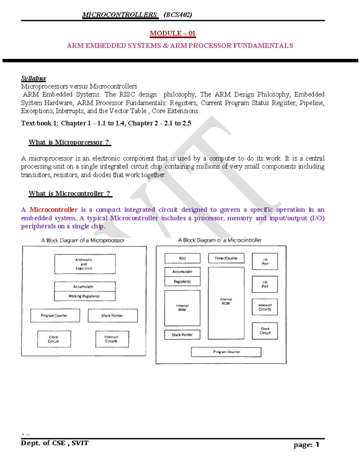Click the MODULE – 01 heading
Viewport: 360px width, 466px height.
[x=172, y=33]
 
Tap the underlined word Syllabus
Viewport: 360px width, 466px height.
[x=33, y=78]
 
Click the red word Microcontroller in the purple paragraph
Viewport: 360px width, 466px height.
[x=53, y=210]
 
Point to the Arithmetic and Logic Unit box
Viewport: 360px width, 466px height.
[x=85, y=264]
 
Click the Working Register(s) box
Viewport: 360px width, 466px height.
[x=85, y=296]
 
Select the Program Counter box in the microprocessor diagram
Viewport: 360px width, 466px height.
[x=55, y=316]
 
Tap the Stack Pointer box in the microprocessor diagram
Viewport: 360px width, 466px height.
[x=112, y=316]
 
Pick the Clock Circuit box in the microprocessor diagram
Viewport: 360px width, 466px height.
[x=54, y=339]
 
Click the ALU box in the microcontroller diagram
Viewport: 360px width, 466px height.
[x=182, y=258]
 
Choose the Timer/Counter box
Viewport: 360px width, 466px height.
[x=226, y=258]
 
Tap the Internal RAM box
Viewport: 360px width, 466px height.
[x=182, y=308]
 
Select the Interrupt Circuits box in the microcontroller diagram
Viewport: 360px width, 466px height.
[x=265, y=307]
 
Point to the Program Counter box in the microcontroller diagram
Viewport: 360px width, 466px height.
[x=226, y=352]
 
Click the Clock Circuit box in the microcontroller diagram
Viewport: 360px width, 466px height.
[x=265, y=331]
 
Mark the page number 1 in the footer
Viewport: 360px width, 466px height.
[x=317, y=445]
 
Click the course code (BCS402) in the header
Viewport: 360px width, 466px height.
[x=178, y=15]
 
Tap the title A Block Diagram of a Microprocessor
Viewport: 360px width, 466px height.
[x=83, y=240]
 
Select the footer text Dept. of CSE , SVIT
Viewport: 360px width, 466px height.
[x=55, y=443]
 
